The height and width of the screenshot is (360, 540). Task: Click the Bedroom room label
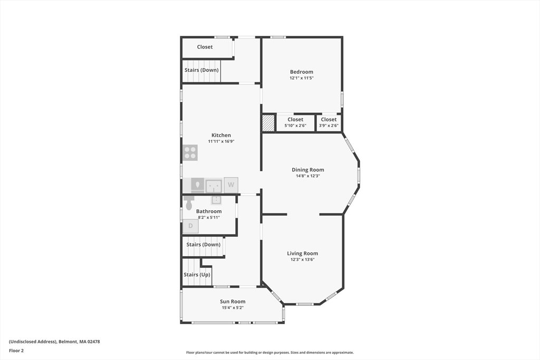[x=301, y=72]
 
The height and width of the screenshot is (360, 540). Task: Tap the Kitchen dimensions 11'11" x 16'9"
[x=221, y=141]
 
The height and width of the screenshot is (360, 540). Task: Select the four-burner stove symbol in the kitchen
[x=190, y=152]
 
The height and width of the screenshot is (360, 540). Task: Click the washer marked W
[x=231, y=185]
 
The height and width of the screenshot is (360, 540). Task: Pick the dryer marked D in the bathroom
[x=190, y=226]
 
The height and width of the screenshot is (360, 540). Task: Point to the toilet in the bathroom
[x=189, y=202]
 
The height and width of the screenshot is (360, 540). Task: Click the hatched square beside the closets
[x=268, y=122]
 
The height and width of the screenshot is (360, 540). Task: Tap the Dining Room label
[x=308, y=170]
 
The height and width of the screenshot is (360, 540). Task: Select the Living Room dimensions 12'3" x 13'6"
[x=303, y=259]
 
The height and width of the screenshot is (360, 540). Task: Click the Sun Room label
[x=233, y=301]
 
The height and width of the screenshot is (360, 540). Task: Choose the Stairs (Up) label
[x=197, y=275]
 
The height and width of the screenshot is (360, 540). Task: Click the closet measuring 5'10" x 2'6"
[x=295, y=122]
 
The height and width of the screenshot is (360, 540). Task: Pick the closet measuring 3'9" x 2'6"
[x=329, y=122]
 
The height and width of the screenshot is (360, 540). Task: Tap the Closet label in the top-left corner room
[x=205, y=47]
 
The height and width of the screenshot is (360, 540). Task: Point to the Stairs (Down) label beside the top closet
[x=201, y=70]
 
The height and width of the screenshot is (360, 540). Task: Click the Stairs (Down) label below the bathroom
[x=203, y=245]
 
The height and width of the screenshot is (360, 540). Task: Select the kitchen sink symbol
[x=214, y=186]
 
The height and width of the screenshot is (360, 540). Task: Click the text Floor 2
[x=16, y=351]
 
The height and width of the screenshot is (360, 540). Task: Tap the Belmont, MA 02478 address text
[x=79, y=342]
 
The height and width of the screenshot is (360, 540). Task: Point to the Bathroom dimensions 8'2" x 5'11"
[x=209, y=218]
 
